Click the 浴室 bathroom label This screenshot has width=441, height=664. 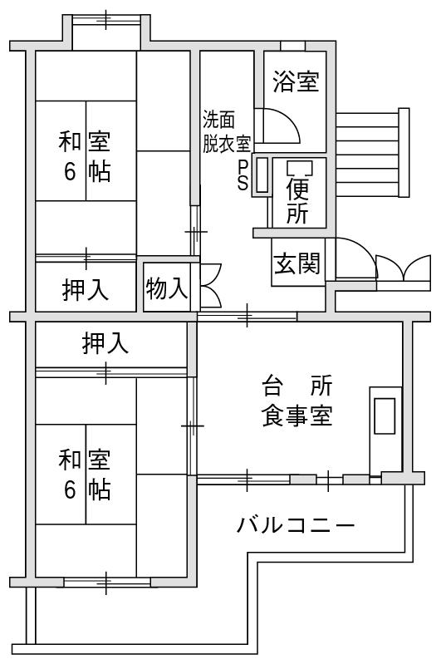tap(296, 81)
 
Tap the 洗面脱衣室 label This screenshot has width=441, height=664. tap(227, 131)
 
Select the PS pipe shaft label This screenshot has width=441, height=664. tap(243, 175)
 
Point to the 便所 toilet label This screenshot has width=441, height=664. tap(297, 200)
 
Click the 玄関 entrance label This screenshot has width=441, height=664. tap(296, 263)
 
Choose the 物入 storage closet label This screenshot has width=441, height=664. tap(167, 288)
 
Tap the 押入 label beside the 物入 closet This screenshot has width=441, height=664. tap(85, 290)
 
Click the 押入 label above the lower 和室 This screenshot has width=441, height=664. tap(105, 343)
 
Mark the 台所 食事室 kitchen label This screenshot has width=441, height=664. tap(297, 401)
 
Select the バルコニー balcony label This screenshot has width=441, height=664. tap(295, 525)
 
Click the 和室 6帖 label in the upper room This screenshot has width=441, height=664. tap(85, 157)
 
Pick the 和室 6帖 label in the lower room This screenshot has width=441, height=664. tap(85, 475)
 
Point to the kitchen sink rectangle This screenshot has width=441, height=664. tap(385, 416)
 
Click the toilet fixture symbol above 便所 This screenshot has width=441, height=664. tap(300, 168)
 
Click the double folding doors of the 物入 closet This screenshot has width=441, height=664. tap(211, 285)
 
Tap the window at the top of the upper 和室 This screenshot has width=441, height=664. tap(105, 20)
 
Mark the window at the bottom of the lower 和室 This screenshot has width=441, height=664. tap(106, 582)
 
